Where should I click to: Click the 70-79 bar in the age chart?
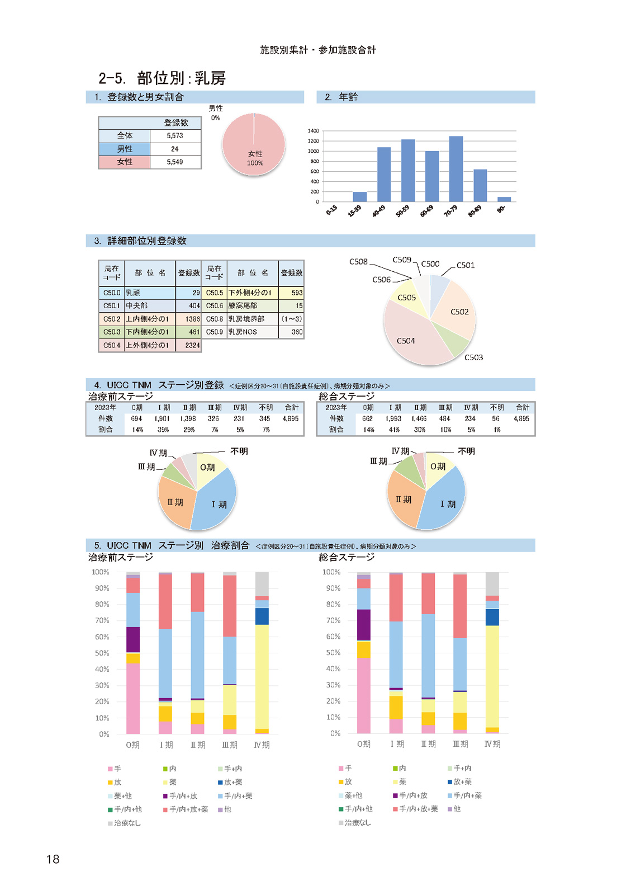point(456,169)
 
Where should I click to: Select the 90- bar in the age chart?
point(504,199)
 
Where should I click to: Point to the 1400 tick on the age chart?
point(314,131)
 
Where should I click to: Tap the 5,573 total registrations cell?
point(175,136)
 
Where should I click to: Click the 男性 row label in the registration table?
point(125,149)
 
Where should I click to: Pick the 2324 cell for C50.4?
point(188,345)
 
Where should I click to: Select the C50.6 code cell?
point(215,305)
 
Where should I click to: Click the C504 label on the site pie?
point(406,341)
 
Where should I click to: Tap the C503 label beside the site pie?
point(473,357)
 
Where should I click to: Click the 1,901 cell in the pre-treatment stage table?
point(162,419)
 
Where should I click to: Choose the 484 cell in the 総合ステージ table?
point(445,419)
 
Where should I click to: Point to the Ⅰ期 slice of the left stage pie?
point(217,501)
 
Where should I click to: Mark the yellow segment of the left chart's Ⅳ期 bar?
point(262,677)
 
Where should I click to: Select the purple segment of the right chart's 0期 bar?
point(364,624)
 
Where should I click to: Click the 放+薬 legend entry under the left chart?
point(230,782)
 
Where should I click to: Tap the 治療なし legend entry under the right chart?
point(354,822)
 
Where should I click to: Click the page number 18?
point(53,859)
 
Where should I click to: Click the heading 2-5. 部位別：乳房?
point(162,78)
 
